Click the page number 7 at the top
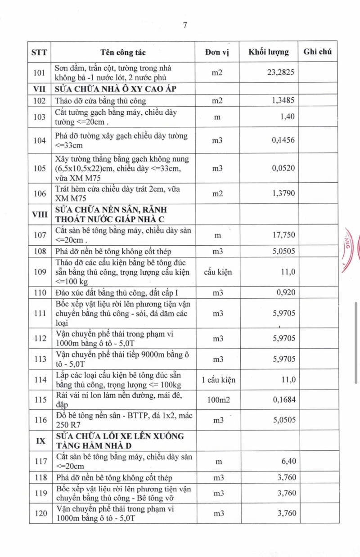coord(184,25)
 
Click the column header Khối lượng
coord(269,52)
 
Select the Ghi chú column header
coord(317,52)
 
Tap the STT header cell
coord(40,52)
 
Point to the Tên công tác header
coord(123,52)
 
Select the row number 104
coord(40,140)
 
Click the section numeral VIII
coord(40,215)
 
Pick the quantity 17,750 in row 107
coord(283,235)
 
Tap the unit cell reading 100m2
coord(218,400)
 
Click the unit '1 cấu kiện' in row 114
coord(218,380)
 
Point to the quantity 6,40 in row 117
coord(287,461)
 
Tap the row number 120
coord(40,513)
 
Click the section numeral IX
coord(40,441)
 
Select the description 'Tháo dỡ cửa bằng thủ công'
coord(100,101)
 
